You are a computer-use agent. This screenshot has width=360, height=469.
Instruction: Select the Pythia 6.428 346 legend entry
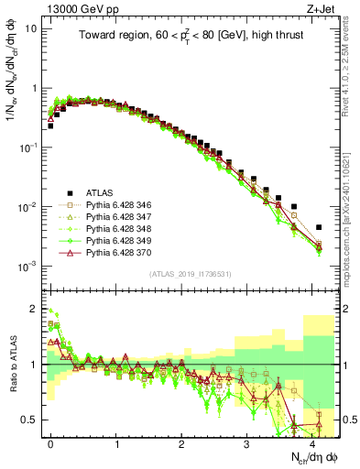click(116, 206)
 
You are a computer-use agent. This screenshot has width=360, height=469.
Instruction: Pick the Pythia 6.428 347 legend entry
click(116, 220)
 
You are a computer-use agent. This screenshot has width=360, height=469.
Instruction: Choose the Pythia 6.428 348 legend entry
click(116, 234)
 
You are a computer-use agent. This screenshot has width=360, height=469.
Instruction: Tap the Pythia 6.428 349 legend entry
click(116, 247)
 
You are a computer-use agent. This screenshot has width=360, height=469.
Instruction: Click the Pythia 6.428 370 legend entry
click(116, 261)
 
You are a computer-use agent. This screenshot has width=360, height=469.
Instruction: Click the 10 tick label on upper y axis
click(31, 28)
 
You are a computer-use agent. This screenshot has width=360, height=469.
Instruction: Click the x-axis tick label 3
click(246, 444)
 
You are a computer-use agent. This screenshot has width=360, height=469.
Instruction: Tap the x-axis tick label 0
click(50, 444)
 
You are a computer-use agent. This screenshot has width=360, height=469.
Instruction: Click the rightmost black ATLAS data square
click(319, 227)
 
